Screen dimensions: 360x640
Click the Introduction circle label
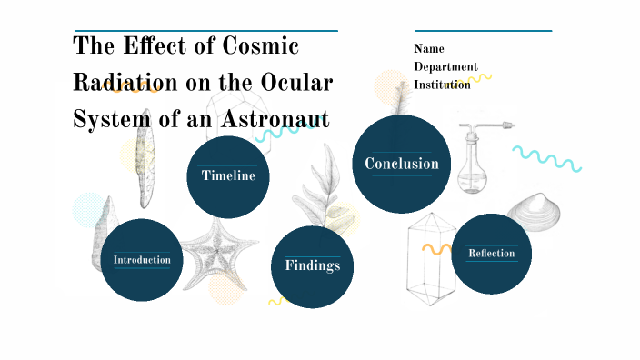(x=142, y=260)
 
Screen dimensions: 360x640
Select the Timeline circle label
(x=227, y=175)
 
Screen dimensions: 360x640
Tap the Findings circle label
(x=313, y=265)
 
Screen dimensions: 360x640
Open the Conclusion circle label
(x=401, y=164)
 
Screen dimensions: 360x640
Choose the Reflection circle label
(x=491, y=253)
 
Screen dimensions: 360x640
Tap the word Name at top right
(x=429, y=49)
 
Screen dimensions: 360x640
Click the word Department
(x=445, y=66)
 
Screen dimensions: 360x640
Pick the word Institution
(x=443, y=85)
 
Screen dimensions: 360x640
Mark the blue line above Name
(x=483, y=30)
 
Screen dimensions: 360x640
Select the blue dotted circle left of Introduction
(x=89, y=210)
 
